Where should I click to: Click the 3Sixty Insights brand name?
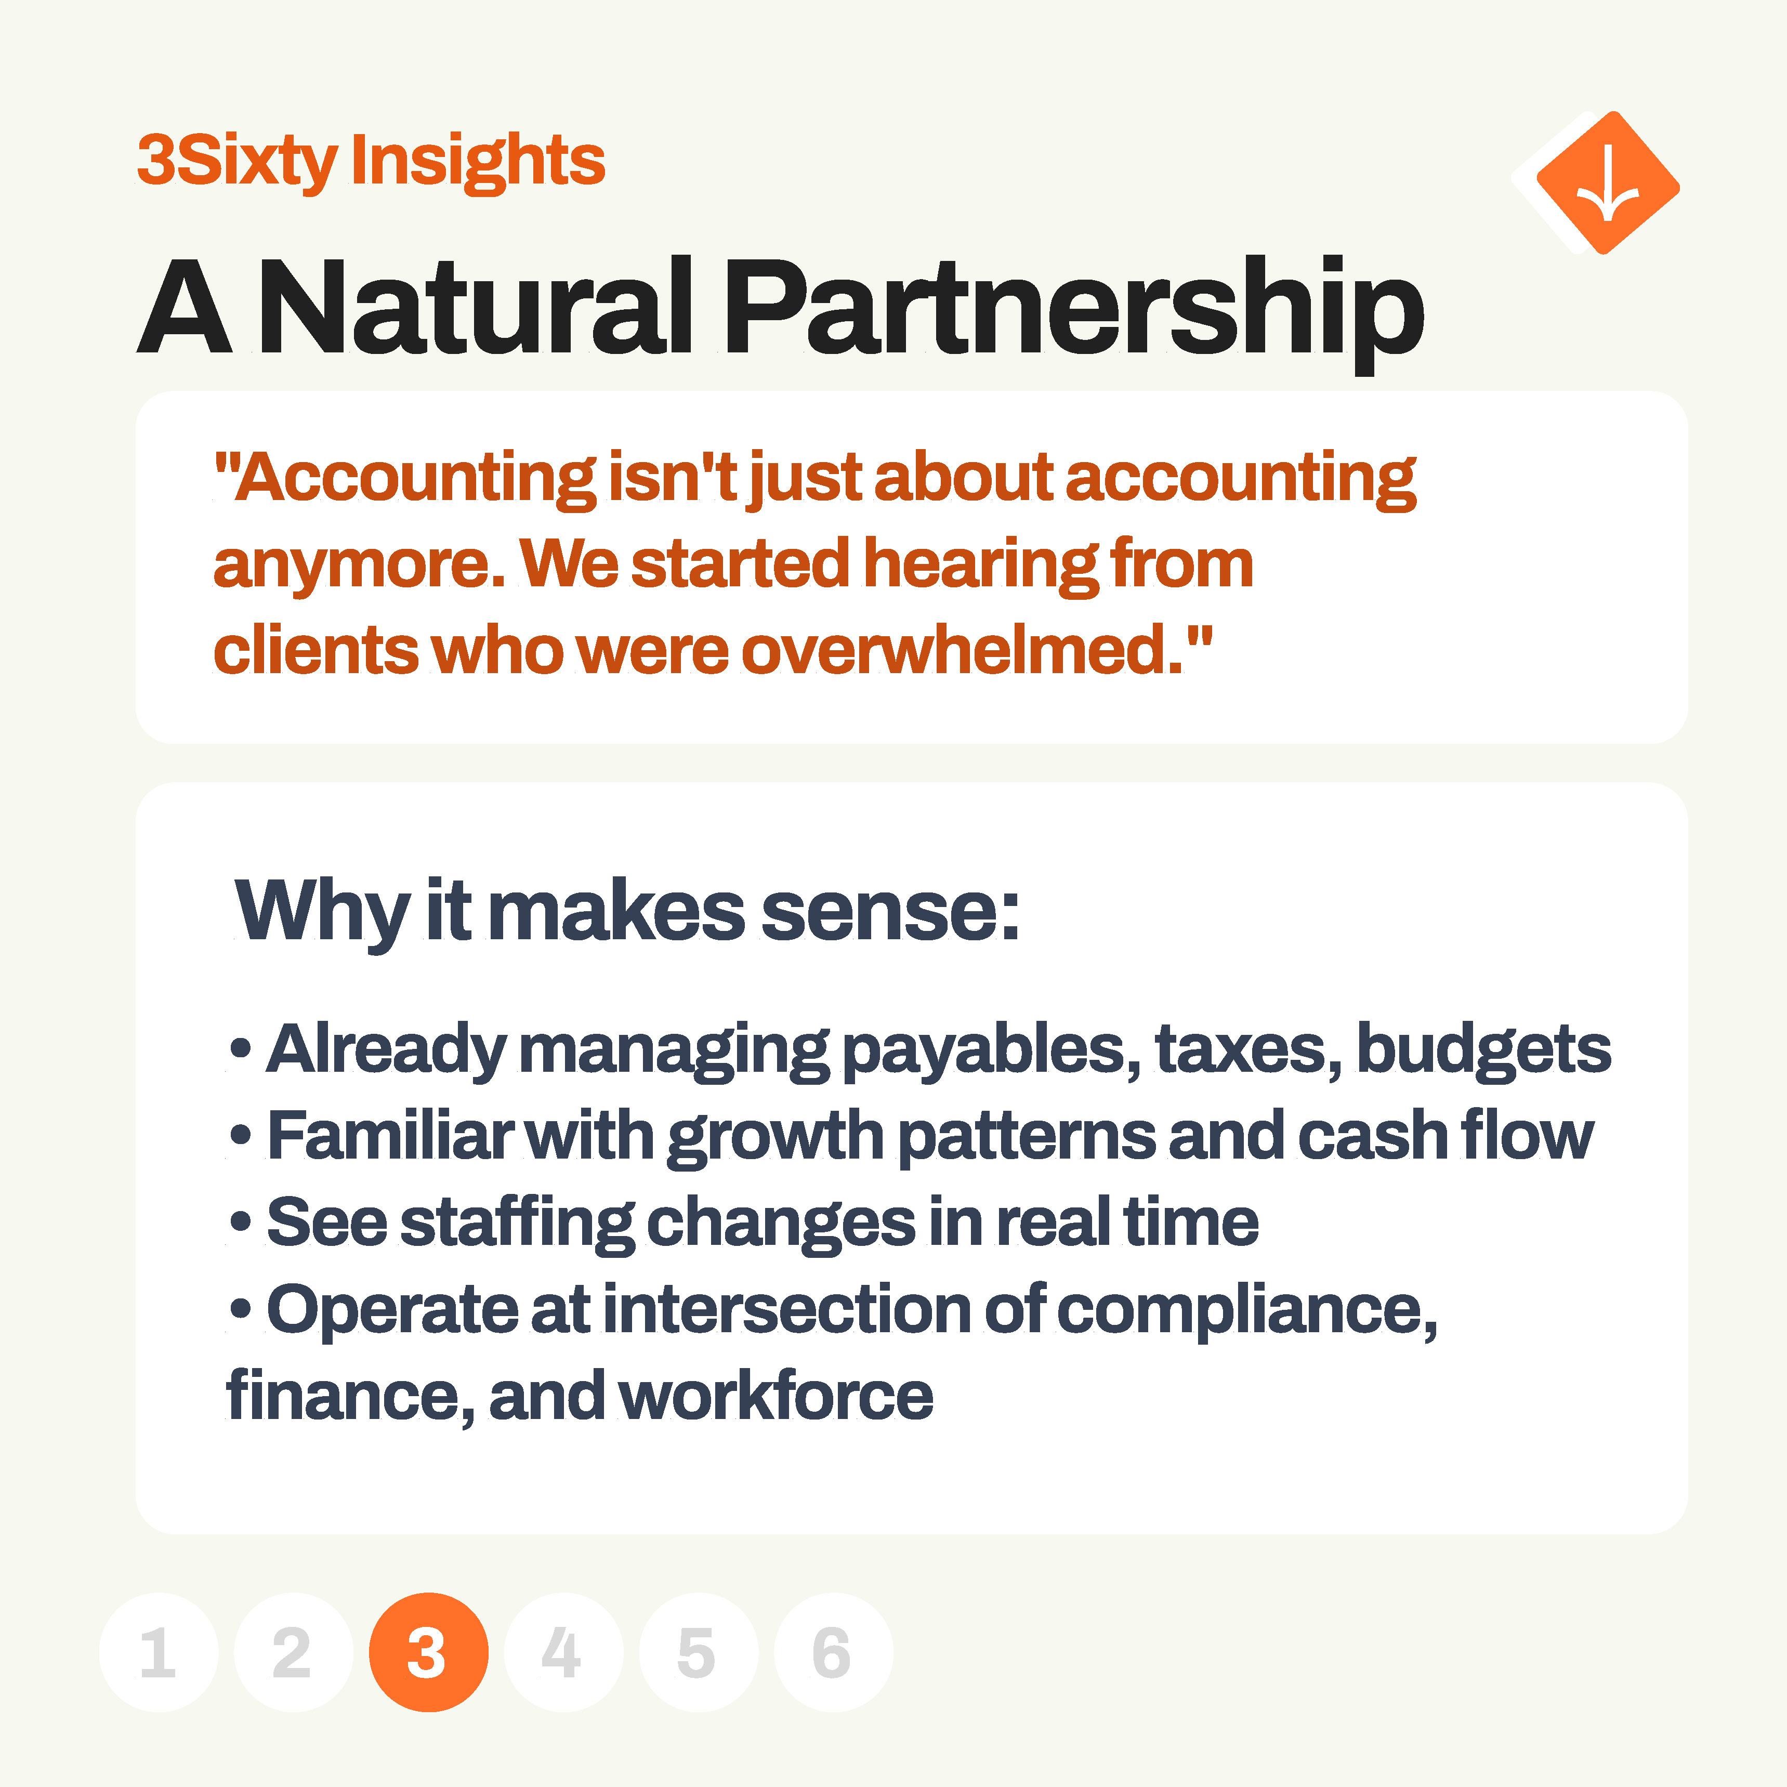click(371, 161)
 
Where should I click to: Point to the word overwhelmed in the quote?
click(962, 650)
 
